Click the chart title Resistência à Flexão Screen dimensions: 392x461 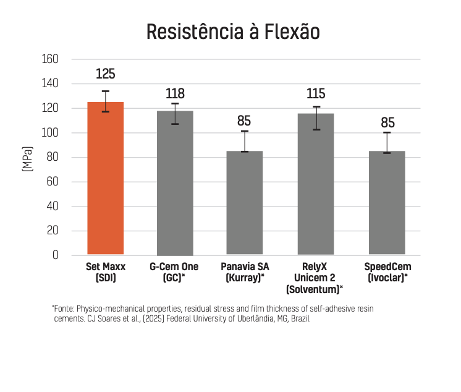point(233,32)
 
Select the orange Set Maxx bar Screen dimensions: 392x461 point(106,179)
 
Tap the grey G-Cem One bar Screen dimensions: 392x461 point(175,183)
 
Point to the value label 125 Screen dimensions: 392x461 point(106,74)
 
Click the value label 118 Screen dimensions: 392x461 point(175,94)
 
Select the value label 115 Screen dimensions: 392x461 point(316,94)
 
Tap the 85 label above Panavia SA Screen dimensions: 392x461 point(245,121)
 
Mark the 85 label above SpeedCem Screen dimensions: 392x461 point(387,122)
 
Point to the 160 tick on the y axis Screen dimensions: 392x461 point(49,59)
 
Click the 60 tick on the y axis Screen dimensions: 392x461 point(52,182)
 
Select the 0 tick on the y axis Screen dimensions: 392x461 point(55,255)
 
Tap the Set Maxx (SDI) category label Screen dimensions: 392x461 point(106,272)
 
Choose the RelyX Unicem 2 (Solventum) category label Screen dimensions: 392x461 point(316,278)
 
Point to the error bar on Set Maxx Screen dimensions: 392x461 point(106,101)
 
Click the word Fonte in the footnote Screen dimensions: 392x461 point(64,308)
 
